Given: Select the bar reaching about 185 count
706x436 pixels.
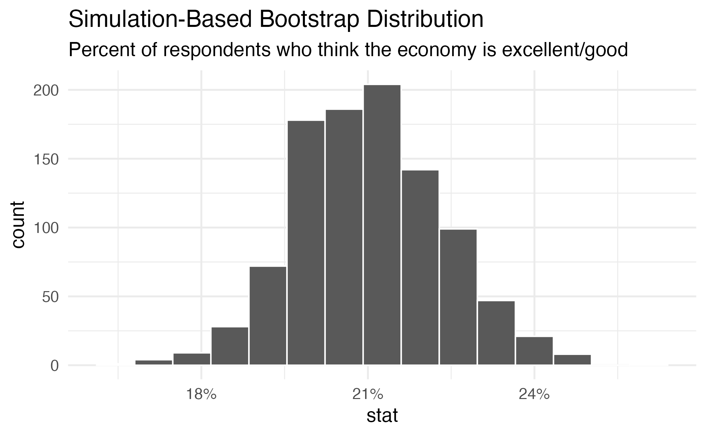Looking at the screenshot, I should pyautogui.click(x=344, y=237).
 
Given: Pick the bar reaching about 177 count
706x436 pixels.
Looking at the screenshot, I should pyautogui.click(x=306, y=242).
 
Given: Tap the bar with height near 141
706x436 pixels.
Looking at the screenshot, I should pyautogui.click(x=420, y=267).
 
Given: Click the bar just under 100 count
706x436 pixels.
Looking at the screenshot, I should pyautogui.click(x=458, y=297).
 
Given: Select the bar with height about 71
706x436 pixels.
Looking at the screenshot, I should pyautogui.click(x=268, y=315).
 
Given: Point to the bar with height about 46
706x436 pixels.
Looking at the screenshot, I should pyautogui.click(x=496, y=332).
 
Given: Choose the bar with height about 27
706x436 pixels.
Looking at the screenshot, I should pyautogui.click(x=230, y=346).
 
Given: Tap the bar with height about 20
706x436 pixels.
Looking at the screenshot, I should pyautogui.click(x=534, y=350).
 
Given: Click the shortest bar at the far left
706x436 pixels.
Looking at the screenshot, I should pyautogui.click(x=154, y=362).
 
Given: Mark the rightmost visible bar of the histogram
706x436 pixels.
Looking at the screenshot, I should pyautogui.click(x=572, y=359).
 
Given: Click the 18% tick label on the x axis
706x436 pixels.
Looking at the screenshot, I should pyautogui.click(x=201, y=395).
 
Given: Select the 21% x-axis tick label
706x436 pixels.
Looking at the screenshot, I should pyautogui.click(x=368, y=395).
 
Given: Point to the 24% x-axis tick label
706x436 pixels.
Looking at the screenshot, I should pyautogui.click(x=534, y=395).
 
